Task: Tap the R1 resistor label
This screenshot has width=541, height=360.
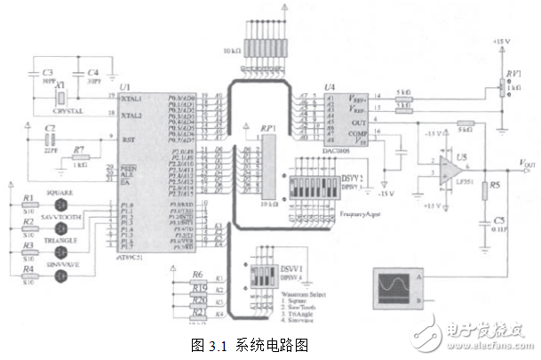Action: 28,197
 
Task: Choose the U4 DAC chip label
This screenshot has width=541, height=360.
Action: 330,86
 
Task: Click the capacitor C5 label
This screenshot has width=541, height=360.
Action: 499,219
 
